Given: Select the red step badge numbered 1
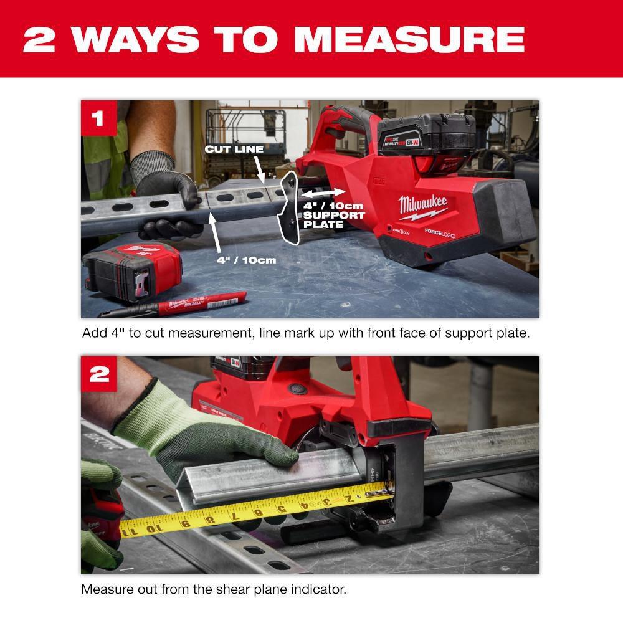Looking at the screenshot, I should pyautogui.click(x=98, y=118).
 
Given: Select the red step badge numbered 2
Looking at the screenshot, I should pyautogui.click(x=99, y=374).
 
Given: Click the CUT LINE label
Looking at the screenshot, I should pyautogui.click(x=234, y=150).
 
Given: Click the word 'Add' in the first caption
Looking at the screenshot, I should pyautogui.click(x=94, y=333).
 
